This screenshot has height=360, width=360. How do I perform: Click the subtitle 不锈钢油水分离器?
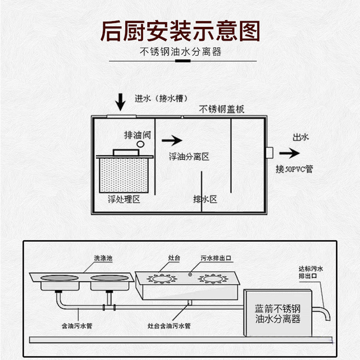click(x=180, y=51)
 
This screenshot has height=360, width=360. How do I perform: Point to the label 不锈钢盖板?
click(x=221, y=109)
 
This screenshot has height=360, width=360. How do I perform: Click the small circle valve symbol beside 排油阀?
click(x=140, y=144)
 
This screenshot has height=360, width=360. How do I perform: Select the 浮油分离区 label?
click(x=188, y=157)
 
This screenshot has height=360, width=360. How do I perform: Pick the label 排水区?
click(x=205, y=199)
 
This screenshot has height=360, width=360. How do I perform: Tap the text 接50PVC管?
click(x=294, y=169)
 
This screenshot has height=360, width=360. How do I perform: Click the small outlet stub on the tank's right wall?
click(x=269, y=153)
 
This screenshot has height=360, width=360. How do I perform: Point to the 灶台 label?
click(x=174, y=258)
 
